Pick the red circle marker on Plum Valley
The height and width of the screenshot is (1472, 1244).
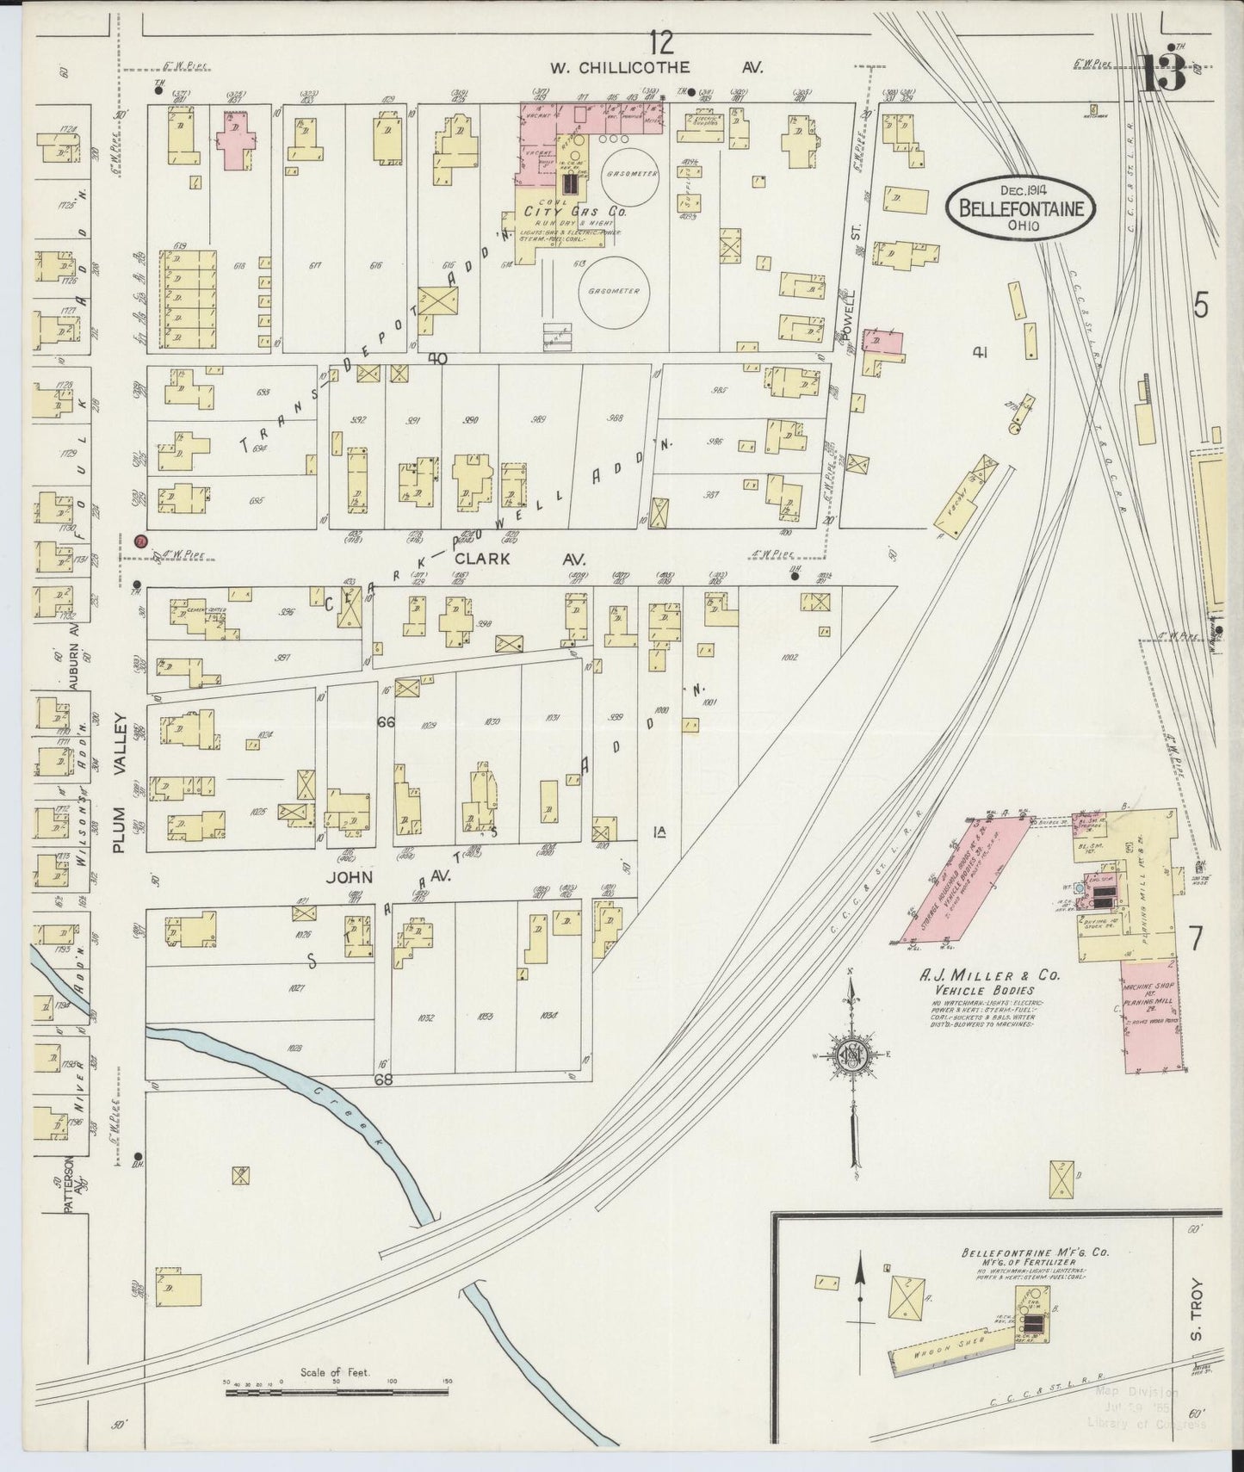point(140,541)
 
